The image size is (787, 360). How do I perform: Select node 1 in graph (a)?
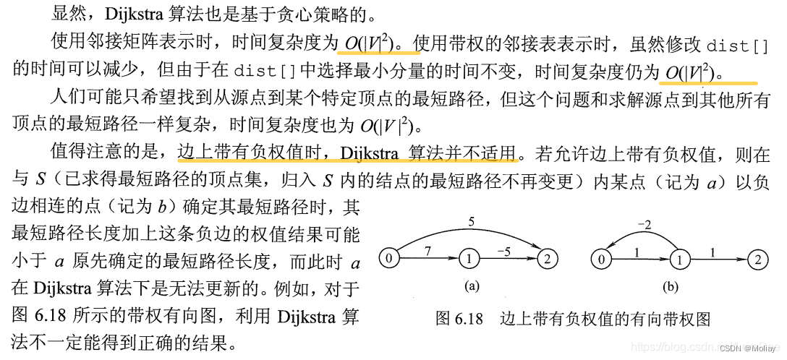[x=468, y=258]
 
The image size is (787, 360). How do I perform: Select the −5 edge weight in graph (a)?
[x=503, y=250]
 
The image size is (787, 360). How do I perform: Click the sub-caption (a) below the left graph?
[x=472, y=287]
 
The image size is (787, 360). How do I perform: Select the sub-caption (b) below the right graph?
[x=670, y=287]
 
